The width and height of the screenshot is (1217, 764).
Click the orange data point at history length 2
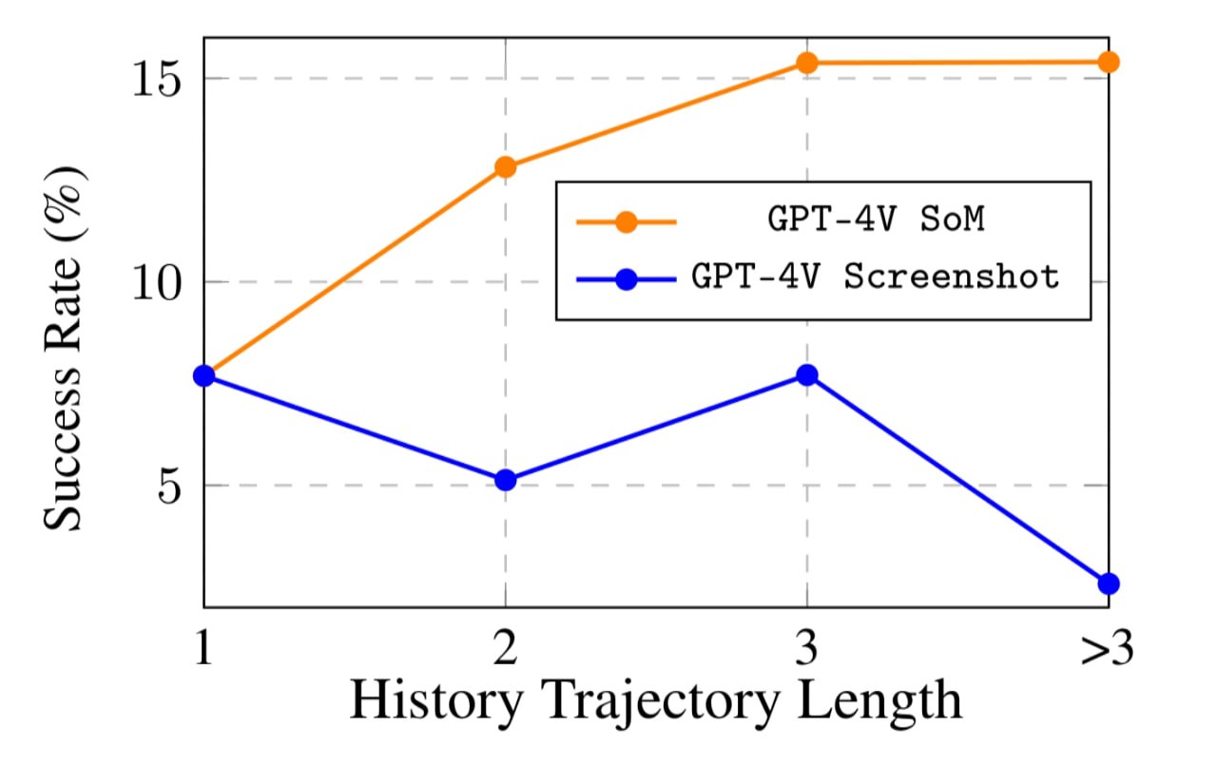click(505, 167)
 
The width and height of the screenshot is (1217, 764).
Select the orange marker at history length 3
click(807, 63)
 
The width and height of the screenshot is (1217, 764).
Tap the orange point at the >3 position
click(1109, 62)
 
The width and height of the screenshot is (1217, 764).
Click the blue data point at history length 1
click(204, 376)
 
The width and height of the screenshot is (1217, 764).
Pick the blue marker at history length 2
click(505, 480)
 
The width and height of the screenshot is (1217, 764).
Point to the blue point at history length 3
click(807, 375)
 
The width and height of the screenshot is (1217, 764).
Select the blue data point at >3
click(1109, 583)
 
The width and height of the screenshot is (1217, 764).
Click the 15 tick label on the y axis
click(154, 80)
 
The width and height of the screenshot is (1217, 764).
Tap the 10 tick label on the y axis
click(154, 283)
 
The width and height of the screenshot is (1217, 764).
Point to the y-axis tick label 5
click(168, 487)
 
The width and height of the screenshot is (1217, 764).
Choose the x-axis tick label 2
click(505, 651)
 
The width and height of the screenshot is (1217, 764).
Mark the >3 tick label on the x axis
click(1107, 651)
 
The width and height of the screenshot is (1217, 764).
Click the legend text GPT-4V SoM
click(876, 221)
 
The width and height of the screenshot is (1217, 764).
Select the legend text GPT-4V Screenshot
click(876, 277)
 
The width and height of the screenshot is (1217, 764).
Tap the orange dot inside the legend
click(626, 222)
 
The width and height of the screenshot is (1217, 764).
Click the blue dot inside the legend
click(626, 279)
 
